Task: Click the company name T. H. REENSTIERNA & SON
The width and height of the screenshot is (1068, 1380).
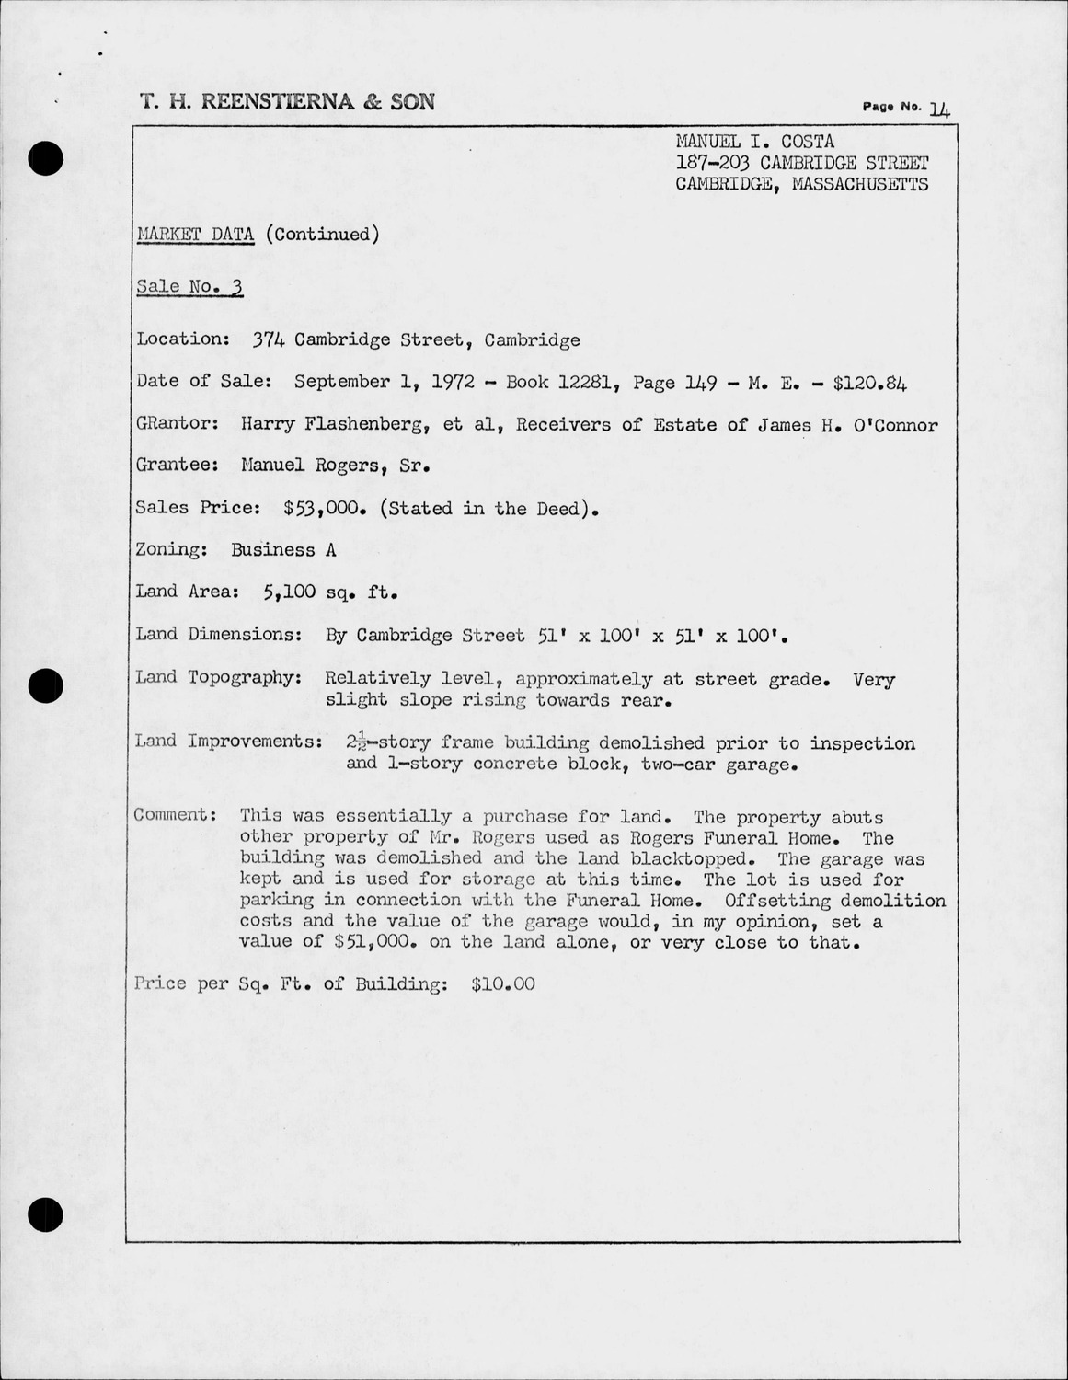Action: click(287, 102)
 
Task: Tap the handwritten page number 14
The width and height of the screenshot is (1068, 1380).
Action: click(939, 109)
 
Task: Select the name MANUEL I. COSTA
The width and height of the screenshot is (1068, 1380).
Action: click(754, 142)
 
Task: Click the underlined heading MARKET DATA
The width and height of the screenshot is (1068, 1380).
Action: click(195, 234)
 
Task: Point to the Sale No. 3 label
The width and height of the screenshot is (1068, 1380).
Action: click(189, 286)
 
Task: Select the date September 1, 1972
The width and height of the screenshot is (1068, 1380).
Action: click(384, 382)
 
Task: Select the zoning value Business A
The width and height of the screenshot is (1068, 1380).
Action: click(283, 550)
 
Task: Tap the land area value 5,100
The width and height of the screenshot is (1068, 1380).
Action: click(290, 592)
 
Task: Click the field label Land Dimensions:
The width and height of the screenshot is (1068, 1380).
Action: click(219, 634)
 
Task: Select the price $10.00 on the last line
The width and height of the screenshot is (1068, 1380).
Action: click(502, 984)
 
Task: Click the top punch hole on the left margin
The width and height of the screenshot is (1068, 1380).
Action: click(44, 159)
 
